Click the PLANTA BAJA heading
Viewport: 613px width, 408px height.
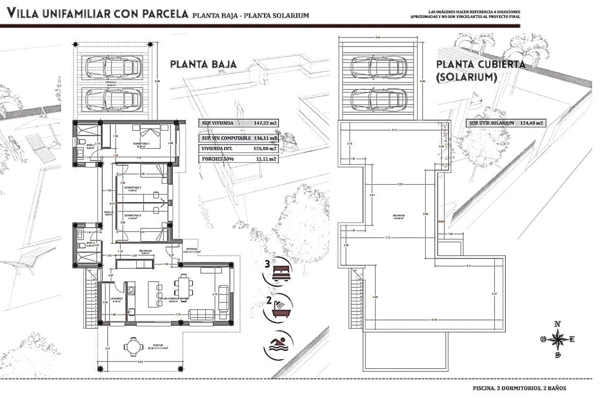tap(203, 64)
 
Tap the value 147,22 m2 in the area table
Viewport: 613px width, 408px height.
tap(265, 123)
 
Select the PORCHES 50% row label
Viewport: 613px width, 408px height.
tap(217, 159)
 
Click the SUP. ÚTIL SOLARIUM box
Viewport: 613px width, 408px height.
tap(505, 123)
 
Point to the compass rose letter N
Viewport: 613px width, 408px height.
tap(557, 324)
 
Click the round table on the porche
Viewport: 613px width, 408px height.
tap(133, 346)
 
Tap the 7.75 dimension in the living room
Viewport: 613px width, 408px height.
tap(178, 315)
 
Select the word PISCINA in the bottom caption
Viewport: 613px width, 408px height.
tap(483, 388)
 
